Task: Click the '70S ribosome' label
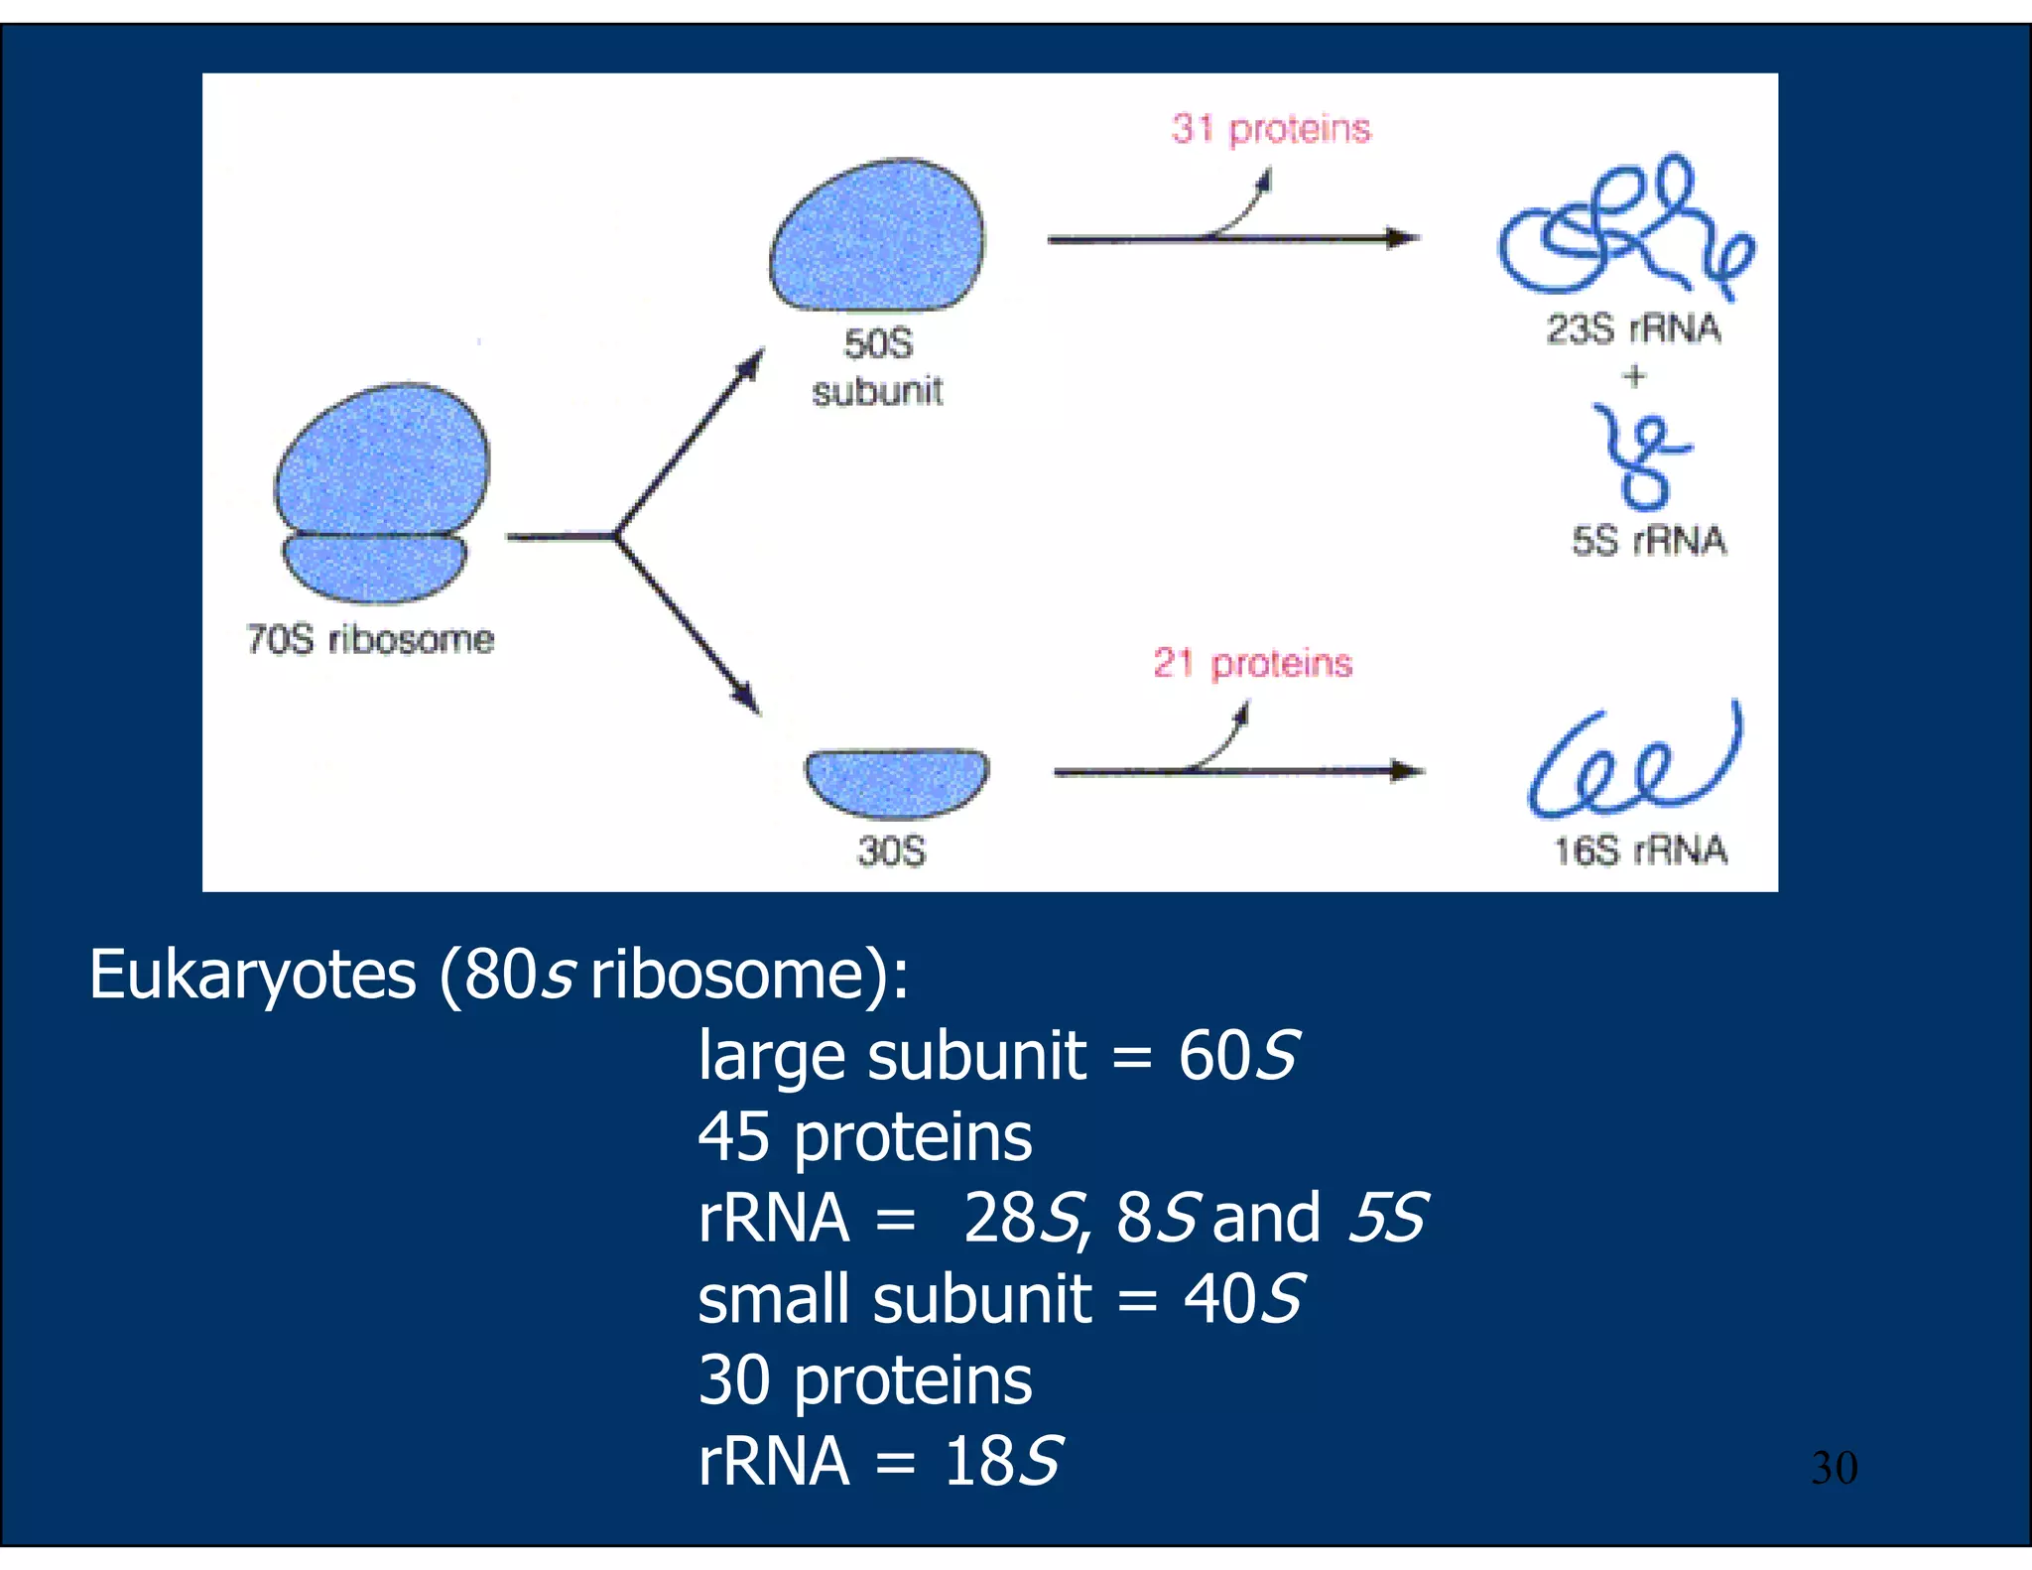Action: point(369,639)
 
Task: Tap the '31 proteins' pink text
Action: point(1270,129)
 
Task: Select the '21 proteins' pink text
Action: point(1252,663)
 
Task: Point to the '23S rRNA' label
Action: point(1633,328)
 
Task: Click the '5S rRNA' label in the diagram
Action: point(1648,541)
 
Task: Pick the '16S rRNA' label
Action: point(1640,850)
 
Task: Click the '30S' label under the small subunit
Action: point(891,851)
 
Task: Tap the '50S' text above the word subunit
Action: point(878,343)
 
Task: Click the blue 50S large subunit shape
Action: point(878,238)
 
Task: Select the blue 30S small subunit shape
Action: point(896,780)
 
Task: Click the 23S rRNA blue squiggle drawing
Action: point(1622,228)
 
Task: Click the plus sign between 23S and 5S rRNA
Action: point(1634,376)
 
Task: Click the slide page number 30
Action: point(1834,1467)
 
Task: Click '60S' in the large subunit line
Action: point(1237,1055)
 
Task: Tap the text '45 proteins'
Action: point(864,1136)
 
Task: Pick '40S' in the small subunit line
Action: point(1243,1298)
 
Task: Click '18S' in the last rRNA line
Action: point(1002,1461)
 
